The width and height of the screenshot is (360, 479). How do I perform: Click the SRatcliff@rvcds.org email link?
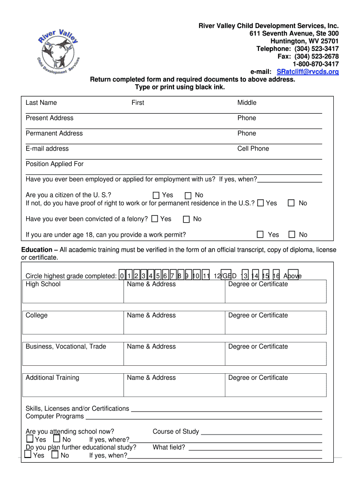point(308,72)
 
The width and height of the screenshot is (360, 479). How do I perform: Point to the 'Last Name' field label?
point(41,103)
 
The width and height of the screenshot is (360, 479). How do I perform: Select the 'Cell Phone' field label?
point(253,149)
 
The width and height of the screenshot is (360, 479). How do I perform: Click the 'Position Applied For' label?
point(54,164)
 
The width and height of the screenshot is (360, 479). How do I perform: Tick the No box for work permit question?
point(292,235)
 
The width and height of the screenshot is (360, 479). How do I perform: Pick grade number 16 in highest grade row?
point(276,276)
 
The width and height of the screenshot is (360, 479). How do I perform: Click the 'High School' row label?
point(43,284)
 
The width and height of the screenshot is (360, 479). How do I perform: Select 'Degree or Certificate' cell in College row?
point(258,316)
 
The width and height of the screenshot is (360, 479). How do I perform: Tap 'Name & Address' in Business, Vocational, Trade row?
point(151,347)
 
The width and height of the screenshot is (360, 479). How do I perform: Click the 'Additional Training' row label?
point(52,378)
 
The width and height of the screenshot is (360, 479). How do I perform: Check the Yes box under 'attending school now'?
point(30,439)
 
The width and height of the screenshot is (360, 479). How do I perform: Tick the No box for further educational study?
point(55,455)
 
